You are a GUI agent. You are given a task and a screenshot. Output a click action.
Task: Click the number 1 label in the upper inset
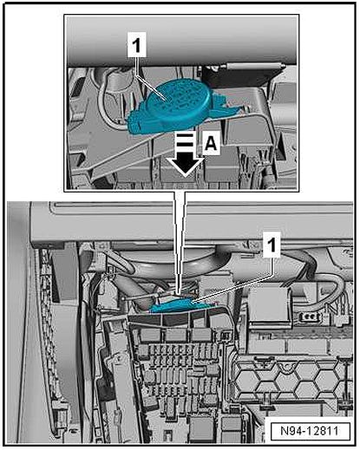[x=136, y=47]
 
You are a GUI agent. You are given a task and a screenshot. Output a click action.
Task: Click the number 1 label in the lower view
[x=272, y=245]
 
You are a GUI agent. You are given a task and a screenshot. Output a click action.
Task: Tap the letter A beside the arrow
[x=211, y=144]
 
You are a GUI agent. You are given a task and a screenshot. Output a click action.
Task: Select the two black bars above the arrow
[x=184, y=140]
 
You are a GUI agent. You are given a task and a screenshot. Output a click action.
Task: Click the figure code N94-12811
[x=310, y=431]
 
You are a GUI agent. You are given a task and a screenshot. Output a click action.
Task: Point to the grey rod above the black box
[x=254, y=66]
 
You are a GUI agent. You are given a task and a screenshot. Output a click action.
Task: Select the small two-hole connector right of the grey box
[x=309, y=317]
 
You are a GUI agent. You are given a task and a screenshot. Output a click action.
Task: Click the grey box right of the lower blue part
[x=268, y=306]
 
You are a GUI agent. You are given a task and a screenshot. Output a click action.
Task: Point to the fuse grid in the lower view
[x=180, y=373]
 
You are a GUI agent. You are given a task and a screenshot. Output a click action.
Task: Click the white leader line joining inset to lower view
[x=180, y=243]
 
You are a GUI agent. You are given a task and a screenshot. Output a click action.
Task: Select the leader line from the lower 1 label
[x=232, y=288]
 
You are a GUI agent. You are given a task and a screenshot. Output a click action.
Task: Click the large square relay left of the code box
[x=201, y=428]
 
